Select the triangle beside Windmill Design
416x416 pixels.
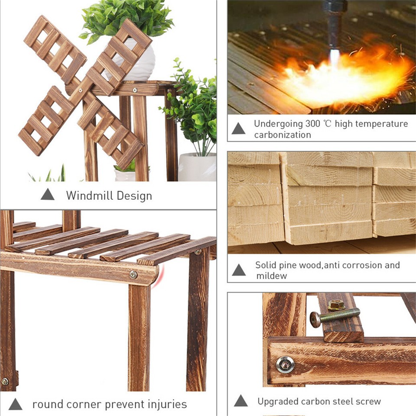[48, 195]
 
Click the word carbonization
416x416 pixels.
[282, 135]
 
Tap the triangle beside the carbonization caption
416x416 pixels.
[238, 129]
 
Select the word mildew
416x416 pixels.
[271, 276]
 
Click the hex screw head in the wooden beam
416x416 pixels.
[285, 364]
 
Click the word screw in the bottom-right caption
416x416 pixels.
[369, 401]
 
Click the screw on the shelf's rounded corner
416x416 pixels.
[133, 274]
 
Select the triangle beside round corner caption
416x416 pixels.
[15, 404]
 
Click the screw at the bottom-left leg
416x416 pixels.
[5, 381]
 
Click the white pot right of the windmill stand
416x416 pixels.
[197, 166]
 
